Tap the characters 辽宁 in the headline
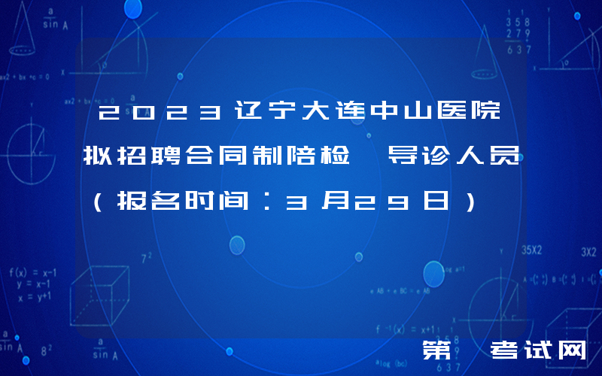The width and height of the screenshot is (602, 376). pyautogui.click(x=257, y=114)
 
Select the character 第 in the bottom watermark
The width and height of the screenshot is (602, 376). pyautogui.click(x=437, y=351)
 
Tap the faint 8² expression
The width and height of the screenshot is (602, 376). pyautogui.click(x=47, y=350)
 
